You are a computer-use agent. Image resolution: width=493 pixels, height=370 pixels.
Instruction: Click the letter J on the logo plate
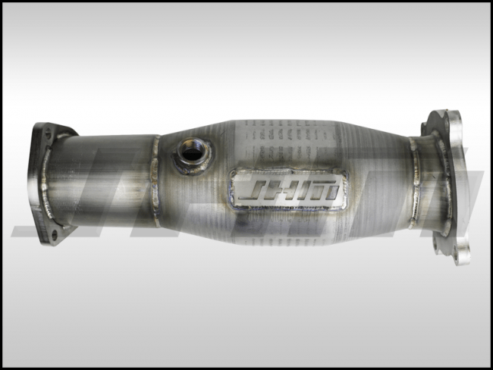(250, 189)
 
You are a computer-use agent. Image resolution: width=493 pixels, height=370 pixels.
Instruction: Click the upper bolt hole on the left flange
(48, 133)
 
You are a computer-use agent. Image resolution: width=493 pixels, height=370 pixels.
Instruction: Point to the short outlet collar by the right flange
(425, 182)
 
